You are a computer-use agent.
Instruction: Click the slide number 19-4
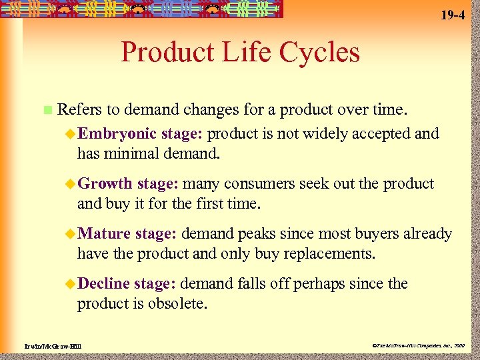coord(453,15)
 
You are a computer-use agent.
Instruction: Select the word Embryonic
coord(117,133)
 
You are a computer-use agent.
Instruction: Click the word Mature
coord(104,234)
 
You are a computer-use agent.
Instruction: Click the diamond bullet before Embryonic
coord(70,134)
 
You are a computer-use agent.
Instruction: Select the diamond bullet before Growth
coord(70,184)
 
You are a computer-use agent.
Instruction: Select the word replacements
coord(334,254)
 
